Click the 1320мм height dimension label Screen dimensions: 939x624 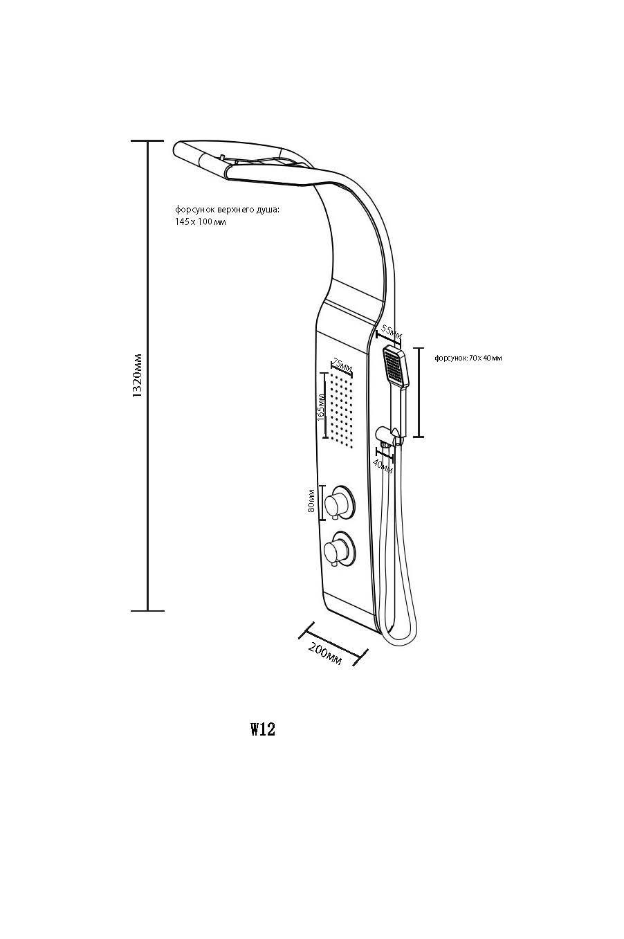pyautogui.click(x=137, y=376)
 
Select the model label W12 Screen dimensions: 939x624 pyautogui.click(x=263, y=729)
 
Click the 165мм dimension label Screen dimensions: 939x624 pyautogui.click(x=320, y=407)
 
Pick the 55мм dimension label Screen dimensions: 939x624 pyautogui.click(x=392, y=332)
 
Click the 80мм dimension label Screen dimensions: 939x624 pyautogui.click(x=311, y=500)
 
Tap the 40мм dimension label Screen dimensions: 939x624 pyautogui.click(x=383, y=464)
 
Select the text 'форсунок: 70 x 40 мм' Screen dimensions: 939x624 pyautogui.click(x=468, y=358)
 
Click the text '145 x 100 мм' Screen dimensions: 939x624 pyautogui.click(x=201, y=222)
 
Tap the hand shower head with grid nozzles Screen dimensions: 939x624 pyautogui.click(x=396, y=367)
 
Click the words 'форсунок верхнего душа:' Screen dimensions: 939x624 pyautogui.click(x=227, y=208)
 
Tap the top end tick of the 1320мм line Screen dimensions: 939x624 pyautogui.click(x=147, y=140)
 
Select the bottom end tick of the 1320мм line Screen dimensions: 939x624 pyautogui.click(x=147, y=611)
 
